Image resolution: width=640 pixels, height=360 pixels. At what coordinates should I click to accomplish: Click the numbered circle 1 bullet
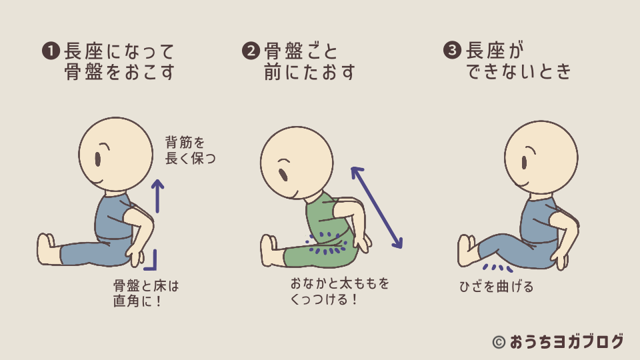tap(51, 51)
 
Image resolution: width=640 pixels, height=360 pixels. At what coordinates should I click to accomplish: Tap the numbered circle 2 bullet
tap(251, 51)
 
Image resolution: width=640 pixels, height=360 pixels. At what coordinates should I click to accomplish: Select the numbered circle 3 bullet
tap(452, 51)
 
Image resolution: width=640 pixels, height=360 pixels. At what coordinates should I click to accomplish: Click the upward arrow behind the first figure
tap(157, 196)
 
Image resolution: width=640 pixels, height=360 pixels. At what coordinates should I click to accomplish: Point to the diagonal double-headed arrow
tap(377, 207)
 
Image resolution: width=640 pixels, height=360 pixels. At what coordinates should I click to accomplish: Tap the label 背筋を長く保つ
tap(190, 150)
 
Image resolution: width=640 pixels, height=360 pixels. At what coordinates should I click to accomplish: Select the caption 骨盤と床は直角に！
tap(146, 293)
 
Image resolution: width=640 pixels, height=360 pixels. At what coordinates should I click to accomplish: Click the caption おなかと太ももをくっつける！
tap(340, 291)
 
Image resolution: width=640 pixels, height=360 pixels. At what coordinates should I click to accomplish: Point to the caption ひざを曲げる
tap(496, 287)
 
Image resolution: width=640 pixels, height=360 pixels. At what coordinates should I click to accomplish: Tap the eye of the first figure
tap(98, 159)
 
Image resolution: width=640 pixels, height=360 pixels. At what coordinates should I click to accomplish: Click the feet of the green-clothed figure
tap(271, 251)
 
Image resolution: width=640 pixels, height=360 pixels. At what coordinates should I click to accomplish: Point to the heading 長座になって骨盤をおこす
tap(119, 61)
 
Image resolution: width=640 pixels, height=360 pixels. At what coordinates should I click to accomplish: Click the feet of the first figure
tap(48, 249)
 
